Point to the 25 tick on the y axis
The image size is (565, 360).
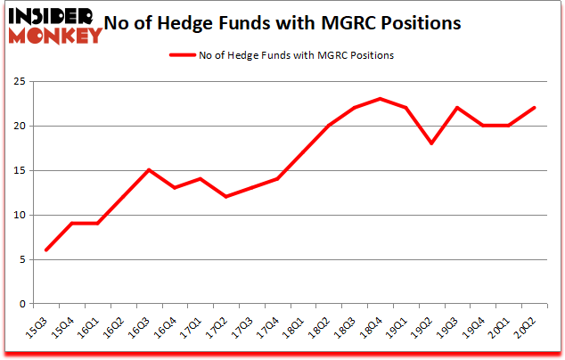click(17, 81)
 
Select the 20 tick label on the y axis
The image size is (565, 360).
click(17, 126)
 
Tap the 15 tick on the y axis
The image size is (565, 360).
click(17, 170)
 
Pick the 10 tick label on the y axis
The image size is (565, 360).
click(17, 215)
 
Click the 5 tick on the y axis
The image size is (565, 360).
click(20, 259)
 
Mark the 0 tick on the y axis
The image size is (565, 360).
click(20, 304)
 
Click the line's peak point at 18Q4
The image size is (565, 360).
click(381, 99)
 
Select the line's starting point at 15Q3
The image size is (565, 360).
click(46, 250)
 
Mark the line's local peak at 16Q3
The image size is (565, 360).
click(149, 170)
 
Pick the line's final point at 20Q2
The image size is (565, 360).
click(535, 108)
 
